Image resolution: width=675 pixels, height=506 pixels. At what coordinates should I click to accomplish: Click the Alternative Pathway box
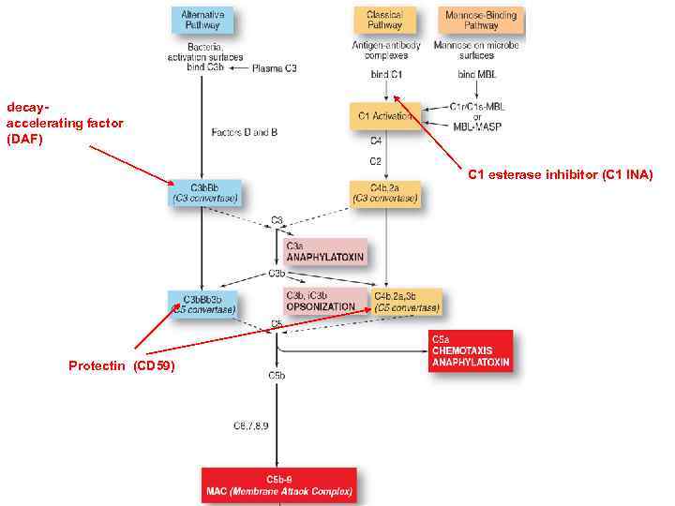pos(202,20)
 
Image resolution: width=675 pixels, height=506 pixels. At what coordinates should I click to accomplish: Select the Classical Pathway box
pos(385,20)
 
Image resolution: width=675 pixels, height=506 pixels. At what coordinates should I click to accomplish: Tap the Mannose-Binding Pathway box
pos(481,20)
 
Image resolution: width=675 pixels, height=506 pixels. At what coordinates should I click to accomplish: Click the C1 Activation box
pos(384,116)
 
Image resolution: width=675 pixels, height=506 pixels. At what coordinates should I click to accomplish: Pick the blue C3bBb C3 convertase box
pos(205,192)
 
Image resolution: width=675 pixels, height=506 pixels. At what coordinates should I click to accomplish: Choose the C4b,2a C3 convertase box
pos(384,193)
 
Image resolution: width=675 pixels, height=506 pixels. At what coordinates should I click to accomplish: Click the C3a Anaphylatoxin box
pos(324,251)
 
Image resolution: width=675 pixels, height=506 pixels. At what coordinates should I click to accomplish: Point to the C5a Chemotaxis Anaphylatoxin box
pos(471,350)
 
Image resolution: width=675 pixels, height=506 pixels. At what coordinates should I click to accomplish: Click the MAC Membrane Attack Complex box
pos(278,485)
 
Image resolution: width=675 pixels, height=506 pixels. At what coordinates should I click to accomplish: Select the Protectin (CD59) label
pos(121,365)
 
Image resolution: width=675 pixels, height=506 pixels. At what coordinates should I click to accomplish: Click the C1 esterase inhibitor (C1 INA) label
pos(560,174)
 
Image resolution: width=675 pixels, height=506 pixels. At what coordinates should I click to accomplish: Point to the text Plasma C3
pos(276,68)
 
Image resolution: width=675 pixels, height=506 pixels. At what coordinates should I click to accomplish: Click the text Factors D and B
pos(245,132)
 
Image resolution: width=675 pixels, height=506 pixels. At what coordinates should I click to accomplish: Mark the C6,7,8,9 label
pos(251,426)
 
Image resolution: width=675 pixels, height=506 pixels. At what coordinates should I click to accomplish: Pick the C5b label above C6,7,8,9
pos(277,375)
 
